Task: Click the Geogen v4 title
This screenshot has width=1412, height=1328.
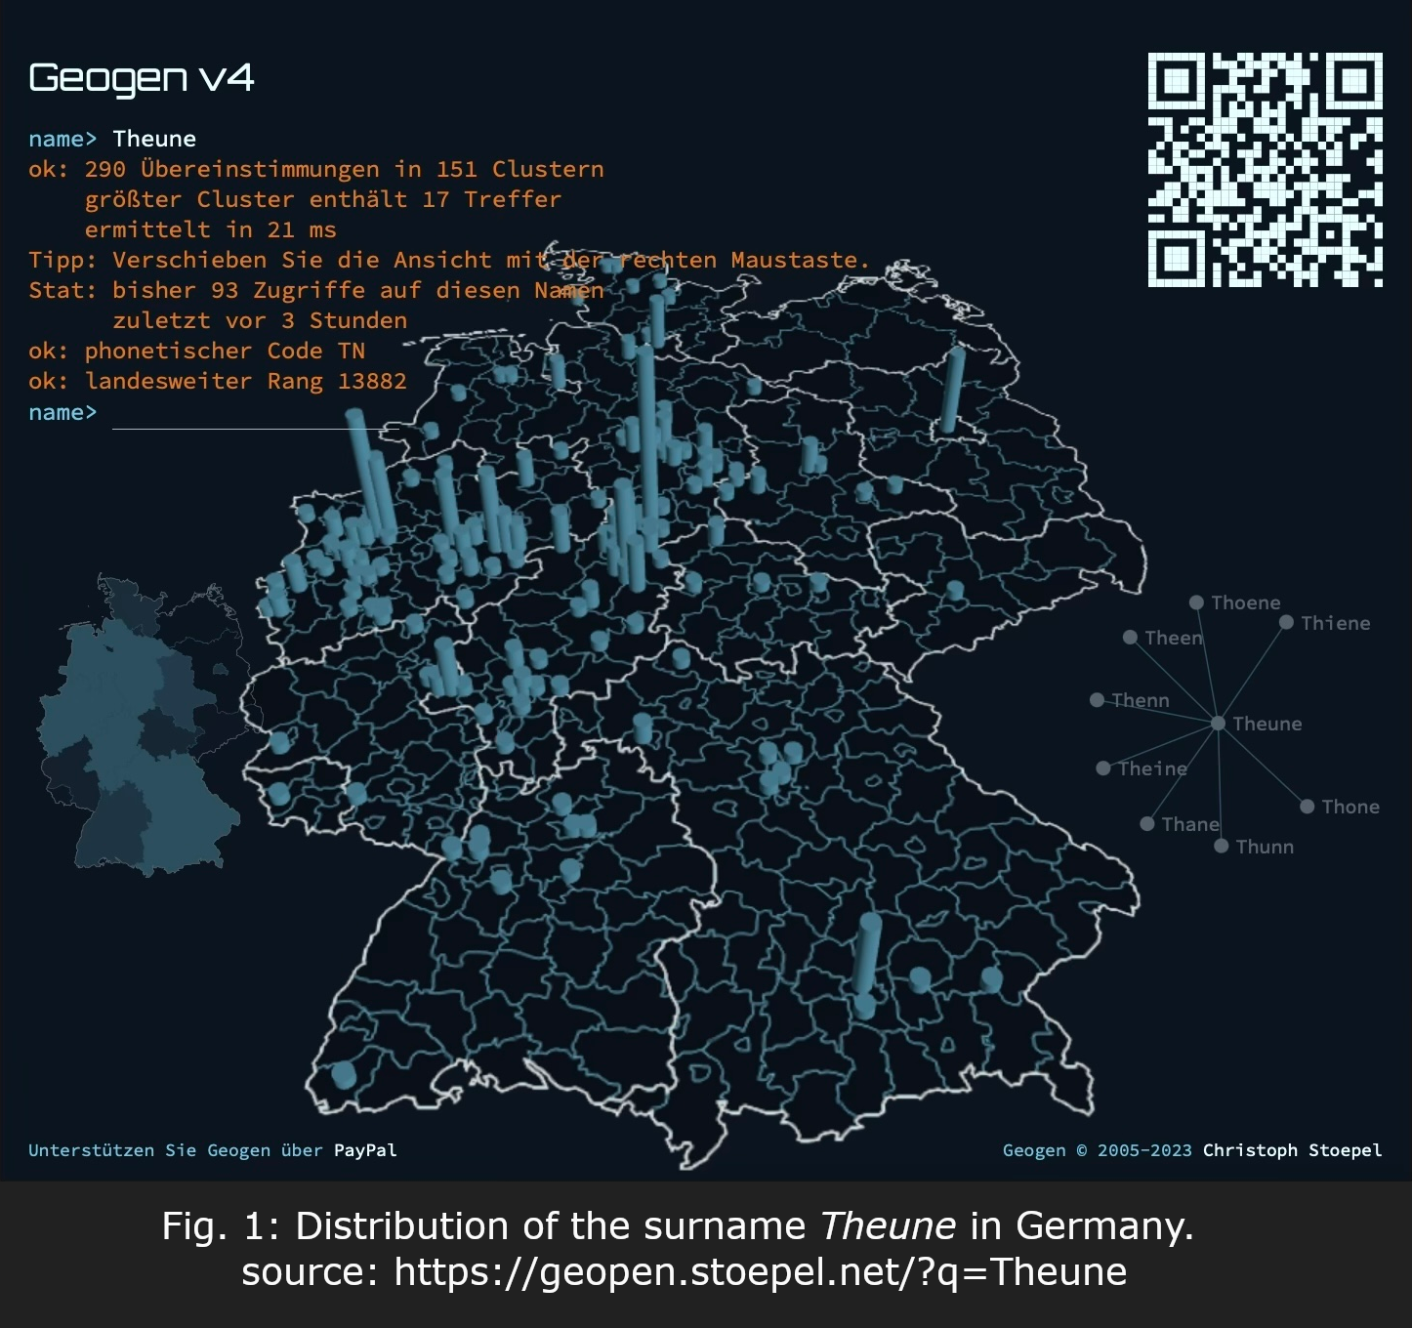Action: click(x=142, y=78)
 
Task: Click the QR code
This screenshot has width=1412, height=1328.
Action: click(x=1265, y=170)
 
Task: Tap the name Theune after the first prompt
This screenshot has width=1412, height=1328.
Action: click(x=154, y=139)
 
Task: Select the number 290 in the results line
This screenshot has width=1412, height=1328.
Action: click(x=104, y=169)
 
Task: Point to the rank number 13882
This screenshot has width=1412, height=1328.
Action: click(x=372, y=381)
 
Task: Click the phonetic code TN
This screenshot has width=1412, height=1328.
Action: click(x=351, y=351)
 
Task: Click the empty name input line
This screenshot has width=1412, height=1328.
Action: click(x=254, y=416)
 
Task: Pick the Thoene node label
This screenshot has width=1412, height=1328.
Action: click(x=1245, y=602)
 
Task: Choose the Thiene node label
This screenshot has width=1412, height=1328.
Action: click(x=1335, y=623)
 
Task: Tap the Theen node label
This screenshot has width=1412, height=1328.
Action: click(x=1173, y=638)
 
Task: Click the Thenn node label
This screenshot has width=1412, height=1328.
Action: click(x=1140, y=700)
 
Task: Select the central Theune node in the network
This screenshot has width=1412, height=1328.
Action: click(x=1219, y=724)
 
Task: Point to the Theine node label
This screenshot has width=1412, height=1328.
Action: click(x=1152, y=768)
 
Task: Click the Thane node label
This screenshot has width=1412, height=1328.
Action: click(x=1189, y=824)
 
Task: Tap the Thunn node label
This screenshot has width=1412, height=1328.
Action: click(x=1265, y=847)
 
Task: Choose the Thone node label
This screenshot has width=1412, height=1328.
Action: click(x=1350, y=807)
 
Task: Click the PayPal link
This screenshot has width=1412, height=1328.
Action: click(x=365, y=1150)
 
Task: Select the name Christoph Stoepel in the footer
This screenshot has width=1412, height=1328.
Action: click(x=1292, y=1150)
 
